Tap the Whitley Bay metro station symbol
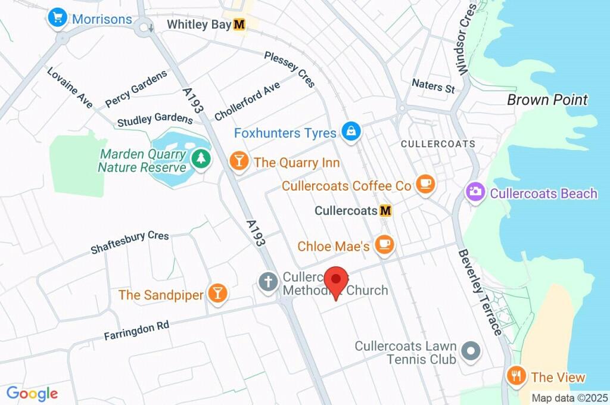pos(239,24)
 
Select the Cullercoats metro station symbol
pos(385,211)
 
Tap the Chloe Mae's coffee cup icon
pos(385,245)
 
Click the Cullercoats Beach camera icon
pos(475,193)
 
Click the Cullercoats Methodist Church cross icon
pos(268,282)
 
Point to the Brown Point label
pos(547,99)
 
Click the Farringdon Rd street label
pos(136,330)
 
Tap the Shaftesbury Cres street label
pos(129,242)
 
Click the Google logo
pos(32,394)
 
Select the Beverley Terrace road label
pos(480,292)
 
